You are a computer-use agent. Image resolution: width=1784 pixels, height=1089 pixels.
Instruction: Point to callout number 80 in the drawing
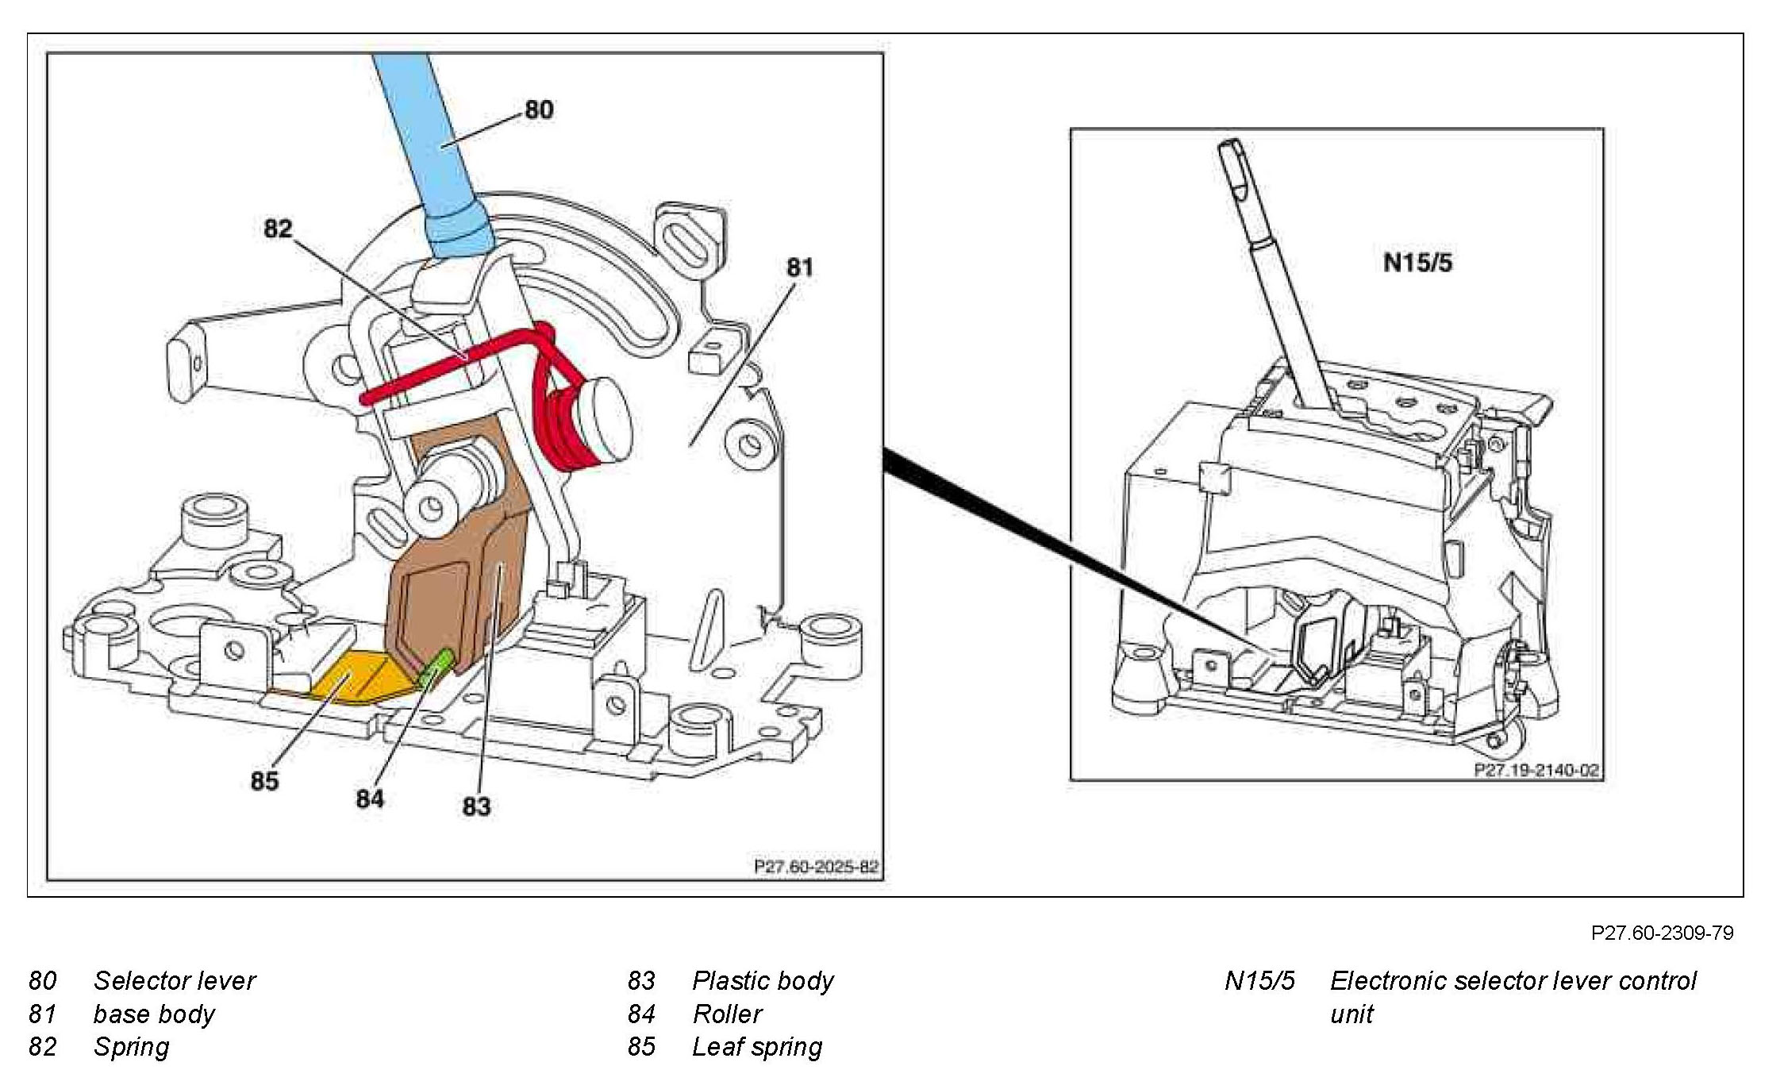click(539, 110)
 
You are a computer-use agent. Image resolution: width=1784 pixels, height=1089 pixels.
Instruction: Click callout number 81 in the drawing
click(800, 267)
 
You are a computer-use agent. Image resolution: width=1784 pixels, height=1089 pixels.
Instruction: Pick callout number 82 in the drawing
click(278, 229)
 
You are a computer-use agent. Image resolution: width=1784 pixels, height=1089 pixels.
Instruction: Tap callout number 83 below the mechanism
click(476, 806)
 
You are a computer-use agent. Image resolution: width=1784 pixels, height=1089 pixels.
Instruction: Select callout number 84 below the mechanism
click(370, 798)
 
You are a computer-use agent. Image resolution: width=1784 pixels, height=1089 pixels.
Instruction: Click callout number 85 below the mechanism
click(264, 781)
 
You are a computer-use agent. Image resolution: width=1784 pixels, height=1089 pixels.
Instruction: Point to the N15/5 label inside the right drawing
click(1417, 263)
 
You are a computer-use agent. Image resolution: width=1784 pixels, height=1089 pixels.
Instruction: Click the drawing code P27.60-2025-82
click(816, 867)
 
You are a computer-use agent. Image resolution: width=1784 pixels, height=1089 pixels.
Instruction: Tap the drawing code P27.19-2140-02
click(1536, 770)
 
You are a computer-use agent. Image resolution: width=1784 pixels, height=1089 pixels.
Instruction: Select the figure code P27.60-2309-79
click(1662, 933)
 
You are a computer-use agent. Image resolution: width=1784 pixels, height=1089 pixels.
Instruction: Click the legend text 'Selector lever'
click(175, 981)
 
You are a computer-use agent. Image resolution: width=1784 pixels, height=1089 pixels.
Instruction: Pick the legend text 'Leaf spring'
click(757, 1047)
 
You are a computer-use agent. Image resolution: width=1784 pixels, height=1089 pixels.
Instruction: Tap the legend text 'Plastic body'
click(763, 981)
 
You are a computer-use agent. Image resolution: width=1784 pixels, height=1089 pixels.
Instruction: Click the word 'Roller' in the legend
click(727, 1014)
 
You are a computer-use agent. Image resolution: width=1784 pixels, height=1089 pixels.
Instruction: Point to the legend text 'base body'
click(154, 1014)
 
